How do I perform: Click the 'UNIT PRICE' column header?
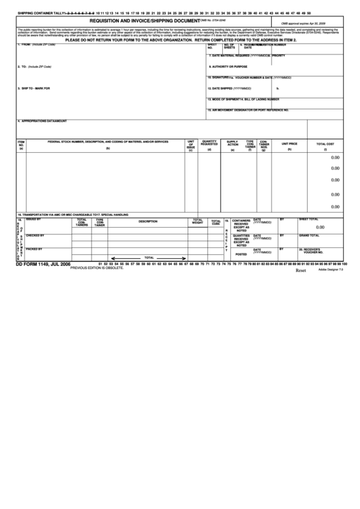click(289, 143)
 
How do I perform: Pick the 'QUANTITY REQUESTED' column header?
click(209, 143)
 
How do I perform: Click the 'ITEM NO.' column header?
click(21, 144)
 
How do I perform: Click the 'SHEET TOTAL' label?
click(308, 220)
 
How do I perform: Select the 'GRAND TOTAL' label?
click(309, 235)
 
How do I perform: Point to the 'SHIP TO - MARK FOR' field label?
click(34, 88)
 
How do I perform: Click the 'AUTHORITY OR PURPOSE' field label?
click(231, 67)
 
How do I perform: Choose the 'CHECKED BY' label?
click(35, 235)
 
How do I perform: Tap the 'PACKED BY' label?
click(34, 249)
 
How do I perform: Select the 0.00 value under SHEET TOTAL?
click(320, 228)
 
